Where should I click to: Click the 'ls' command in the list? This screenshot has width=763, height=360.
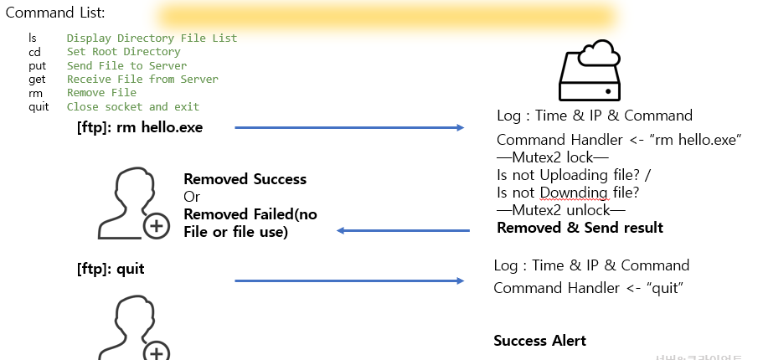click(x=33, y=38)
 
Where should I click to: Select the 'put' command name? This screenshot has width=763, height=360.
click(x=37, y=65)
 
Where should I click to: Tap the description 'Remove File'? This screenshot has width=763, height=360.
click(x=101, y=93)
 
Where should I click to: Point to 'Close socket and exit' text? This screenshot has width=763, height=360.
click(x=133, y=106)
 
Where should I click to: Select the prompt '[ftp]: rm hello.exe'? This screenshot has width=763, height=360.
click(x=139, y=128)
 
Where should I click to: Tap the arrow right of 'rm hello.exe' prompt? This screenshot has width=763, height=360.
click(x=349, y=128)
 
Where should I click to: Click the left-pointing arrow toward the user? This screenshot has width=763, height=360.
click(x=403, y=231)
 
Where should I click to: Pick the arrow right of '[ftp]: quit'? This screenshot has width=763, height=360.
click(x=349, y=280)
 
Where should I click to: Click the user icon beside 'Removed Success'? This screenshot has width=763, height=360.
click(x=133, y=204)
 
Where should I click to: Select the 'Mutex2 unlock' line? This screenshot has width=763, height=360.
click(x=560, y=210)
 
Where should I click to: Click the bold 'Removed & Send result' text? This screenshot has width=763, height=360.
click(x=580, y=228)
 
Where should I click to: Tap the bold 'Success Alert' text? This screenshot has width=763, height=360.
click(x=539, y=340)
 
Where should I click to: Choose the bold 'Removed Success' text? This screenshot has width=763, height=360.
click(x=245, y=179)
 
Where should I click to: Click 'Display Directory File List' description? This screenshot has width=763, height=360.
click(x=152, y=38)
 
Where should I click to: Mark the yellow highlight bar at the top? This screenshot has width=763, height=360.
click(x=386, y=16)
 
